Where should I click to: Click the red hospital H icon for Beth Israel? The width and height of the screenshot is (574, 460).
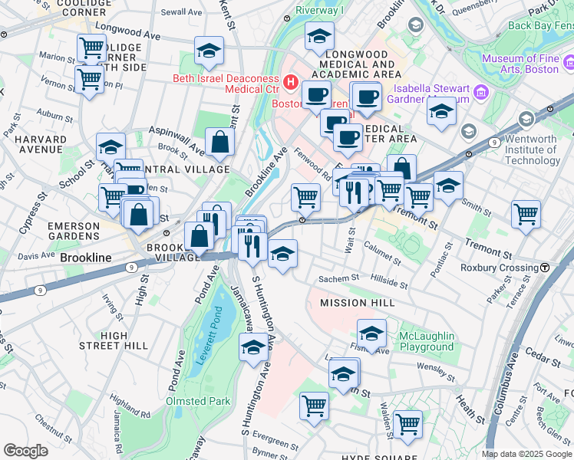292,80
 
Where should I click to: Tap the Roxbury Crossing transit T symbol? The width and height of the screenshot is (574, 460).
544,268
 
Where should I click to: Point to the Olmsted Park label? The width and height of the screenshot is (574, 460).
198,401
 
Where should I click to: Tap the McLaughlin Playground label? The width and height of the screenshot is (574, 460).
427,342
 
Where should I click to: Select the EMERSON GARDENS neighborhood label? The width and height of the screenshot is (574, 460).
74,232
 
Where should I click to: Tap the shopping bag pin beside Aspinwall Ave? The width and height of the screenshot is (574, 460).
220,142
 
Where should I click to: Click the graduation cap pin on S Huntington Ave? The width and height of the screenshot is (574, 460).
253,348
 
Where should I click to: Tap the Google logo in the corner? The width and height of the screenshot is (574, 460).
25,451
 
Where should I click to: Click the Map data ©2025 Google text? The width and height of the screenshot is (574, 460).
526,454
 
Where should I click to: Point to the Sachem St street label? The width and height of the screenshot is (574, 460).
345,279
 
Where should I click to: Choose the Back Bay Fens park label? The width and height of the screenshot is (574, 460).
540,25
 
